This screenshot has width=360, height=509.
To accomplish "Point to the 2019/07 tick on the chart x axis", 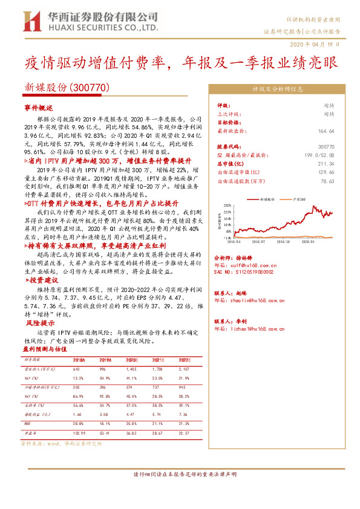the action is pos(269,241).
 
